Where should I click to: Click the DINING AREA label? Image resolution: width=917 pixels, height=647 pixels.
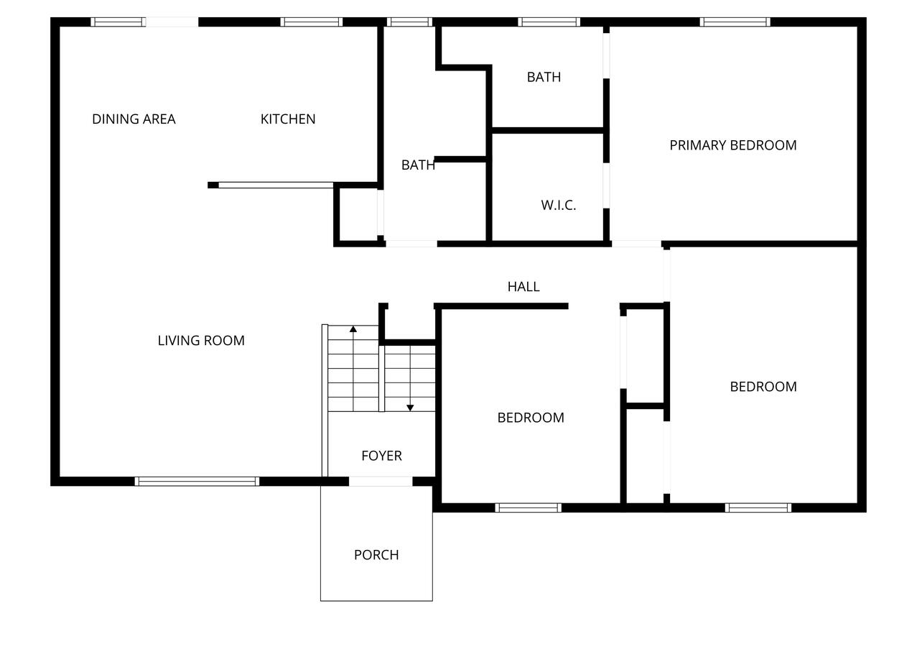coord(134,119)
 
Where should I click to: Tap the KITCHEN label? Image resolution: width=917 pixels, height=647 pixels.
coord(288,119)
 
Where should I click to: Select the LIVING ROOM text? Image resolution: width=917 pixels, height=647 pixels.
coord(201,341)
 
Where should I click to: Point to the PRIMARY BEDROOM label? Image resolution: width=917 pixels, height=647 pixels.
coord(732,145)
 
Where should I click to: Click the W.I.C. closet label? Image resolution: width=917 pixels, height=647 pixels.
coord(559,206)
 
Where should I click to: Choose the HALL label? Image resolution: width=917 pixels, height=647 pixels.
coord(523,286)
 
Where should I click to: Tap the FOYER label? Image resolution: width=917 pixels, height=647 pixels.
coord(381,456)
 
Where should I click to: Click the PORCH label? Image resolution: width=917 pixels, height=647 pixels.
coord(376,555)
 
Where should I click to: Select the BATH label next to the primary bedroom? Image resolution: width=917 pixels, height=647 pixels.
coord(544,77)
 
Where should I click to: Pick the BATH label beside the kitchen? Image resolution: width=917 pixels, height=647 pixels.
coord(418,165)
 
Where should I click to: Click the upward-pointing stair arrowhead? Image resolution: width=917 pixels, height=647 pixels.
coord(353,329)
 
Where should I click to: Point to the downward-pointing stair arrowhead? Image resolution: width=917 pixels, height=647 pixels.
coord(410,408)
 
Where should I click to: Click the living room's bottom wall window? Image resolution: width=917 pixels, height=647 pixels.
coord(197,482)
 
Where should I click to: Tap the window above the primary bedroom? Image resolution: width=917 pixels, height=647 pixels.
coord(735,22)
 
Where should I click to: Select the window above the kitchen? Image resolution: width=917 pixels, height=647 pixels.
coord(312,22)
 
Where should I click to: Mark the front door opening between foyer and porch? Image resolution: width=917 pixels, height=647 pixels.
coord(381,482)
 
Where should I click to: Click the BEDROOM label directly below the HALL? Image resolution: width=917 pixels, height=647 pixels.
coord(531,418)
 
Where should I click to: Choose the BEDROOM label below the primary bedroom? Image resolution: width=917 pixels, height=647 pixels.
coord(763,386)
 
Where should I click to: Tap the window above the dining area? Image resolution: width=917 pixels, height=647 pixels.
coord(118,22)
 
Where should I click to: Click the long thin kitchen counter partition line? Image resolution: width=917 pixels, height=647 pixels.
coord(276,185)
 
